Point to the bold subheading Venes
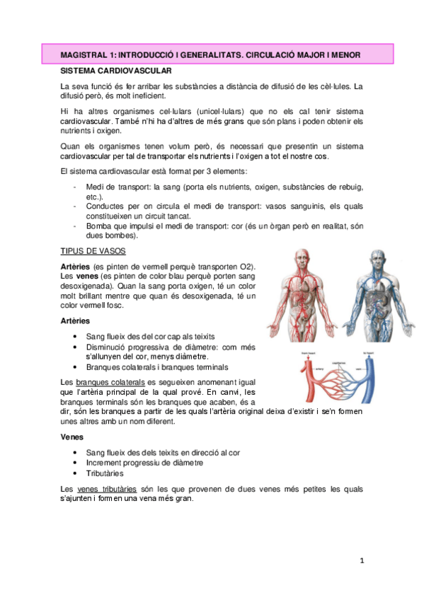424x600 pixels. pyautogui.click(x=74, y=437)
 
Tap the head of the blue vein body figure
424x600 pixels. pyautogui.click(x=373, y=255)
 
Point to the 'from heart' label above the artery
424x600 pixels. pyautogui.click(x=309, y=352)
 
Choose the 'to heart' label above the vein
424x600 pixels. pyautogui.click(x=369, y=352)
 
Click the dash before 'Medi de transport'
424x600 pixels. pyautogui.click(x=75, y=186)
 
